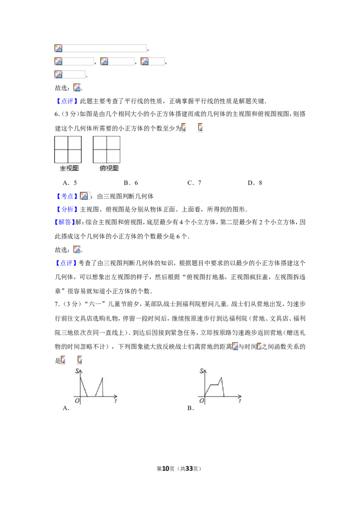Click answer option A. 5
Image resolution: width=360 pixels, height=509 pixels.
pyautogui.click(x=70, y=183)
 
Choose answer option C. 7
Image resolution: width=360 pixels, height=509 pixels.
pyautogui.click(x=194, y=183)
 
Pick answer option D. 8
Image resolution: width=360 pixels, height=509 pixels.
pyautogui.click(x=255, y=183)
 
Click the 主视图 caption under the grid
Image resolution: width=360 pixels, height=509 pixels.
pyautogui.click(x=69, y=168)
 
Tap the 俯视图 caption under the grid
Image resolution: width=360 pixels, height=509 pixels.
pyautogui.click(x=109, y=168)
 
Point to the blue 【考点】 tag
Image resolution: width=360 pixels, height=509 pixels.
pyautogui.click(x=67, y=196)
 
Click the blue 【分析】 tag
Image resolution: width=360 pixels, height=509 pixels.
pyautogui.click(x=67, y=210)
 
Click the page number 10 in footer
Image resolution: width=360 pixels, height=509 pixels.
pyautogui.click(x=166, y=469)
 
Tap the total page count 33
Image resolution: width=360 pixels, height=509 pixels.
pyautogui.click(x=189, y=469)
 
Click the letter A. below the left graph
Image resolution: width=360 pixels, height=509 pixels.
pyautogui.click(x=66, y=408)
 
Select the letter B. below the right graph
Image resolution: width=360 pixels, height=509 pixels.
pyautogui.click(x=191, y=408)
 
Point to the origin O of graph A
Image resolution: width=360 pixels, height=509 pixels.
pyautogui.click(x=77, y=401)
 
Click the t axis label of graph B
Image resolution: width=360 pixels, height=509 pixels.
pyautogui.click(x=240, y=401)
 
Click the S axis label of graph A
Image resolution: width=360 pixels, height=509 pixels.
pyautogui.click(x=77, y=371)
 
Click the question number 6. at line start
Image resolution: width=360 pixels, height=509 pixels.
pyautogui.click(x=57, y=114)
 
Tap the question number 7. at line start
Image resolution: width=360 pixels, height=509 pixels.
pyautogui.click(x=57, y=304)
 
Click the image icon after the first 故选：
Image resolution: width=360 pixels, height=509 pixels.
pyautogui.click(x=77, y=88)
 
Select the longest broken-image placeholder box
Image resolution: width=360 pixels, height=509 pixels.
pyautogui.click(x=100, y=49)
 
